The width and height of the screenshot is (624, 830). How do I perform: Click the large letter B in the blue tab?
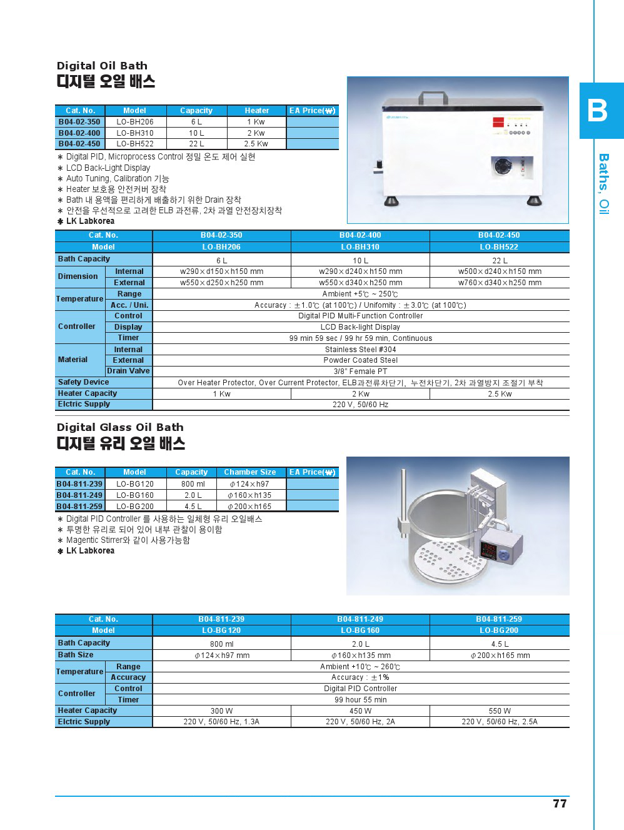click(597, 111)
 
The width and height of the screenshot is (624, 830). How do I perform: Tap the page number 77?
click(560, 804)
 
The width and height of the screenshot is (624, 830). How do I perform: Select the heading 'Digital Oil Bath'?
click(102, 66)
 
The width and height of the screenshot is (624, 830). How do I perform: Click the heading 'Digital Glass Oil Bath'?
click(120, 427)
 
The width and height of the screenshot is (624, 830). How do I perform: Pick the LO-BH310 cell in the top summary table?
click(134, 133)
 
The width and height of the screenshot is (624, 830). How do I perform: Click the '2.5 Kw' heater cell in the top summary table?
click(256, 144)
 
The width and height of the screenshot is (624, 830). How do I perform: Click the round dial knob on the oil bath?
click(504, 168)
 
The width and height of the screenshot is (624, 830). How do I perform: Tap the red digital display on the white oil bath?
click(499, 123)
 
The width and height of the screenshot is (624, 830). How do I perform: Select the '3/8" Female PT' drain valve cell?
click(360, 371)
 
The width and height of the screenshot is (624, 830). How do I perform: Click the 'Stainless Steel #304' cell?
click(360, 350)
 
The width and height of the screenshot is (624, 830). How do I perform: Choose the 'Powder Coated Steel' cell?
click(360, 360)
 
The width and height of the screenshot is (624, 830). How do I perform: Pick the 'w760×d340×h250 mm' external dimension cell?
click(500, 283)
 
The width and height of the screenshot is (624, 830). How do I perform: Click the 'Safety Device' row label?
click(83, 382)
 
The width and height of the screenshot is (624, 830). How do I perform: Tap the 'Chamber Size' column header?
click(249, 472)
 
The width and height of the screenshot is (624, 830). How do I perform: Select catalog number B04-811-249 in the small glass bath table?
click(79, 495)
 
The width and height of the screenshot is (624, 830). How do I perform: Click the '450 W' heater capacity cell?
click(360, 711)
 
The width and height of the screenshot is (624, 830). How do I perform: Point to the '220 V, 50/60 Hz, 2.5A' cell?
click(500, 722)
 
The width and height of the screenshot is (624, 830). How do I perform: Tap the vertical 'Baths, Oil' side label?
click(604, 184)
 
